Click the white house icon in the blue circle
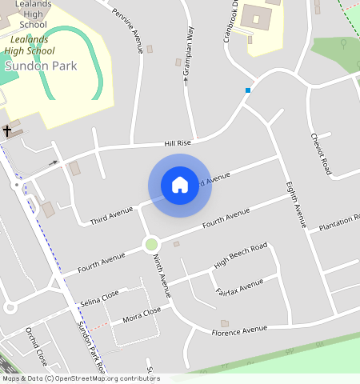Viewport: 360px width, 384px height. pyautogui.click(x=180, y=185)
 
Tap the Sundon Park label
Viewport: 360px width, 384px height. pyautogui.click(x=41, y=66)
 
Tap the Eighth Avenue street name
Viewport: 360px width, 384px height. pyautogui.click(x=296, y=205)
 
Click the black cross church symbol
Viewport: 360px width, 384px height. pyautogui.click(x=7, y=130)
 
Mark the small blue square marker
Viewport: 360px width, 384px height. pyautogui.click(x=248, y=90)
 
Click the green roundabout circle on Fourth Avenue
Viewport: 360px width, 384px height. pyautogui.click(x=150, y=244)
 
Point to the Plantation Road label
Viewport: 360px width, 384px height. pyautogui.click(x=338, y=227)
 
